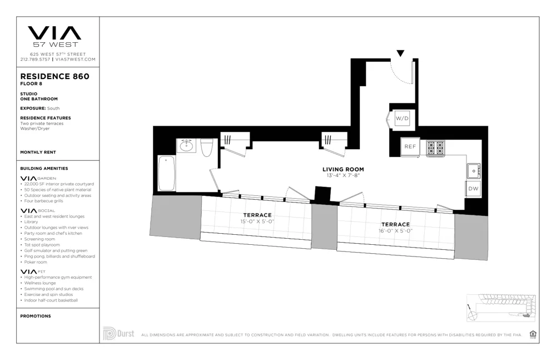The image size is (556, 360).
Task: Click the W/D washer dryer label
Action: pyautogui.click(x=401, y=119)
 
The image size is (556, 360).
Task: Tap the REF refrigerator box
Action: pyautogui.click(x=410, y=147)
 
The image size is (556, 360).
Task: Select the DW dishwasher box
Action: pyautogui.click(x=473, y=189)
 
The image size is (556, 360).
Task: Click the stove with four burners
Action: pyautogui.click(x=435, y=147)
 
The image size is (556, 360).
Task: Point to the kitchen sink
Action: pyautogui.click(x=473, y=170)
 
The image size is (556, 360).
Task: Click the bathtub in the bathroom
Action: pyautogui.click(x=167, y=172)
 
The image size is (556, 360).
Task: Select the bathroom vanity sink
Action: pyautogui.click(x=186, y=146)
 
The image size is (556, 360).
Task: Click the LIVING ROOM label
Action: pyautogui.click(x=343, y=169)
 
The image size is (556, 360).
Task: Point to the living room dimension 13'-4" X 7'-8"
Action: pyautogui.click(x=343, y=175)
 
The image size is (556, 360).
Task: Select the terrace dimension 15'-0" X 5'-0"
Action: pyautogui.click(x=257, y=221)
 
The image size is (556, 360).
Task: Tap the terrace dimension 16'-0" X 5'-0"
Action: pyautogui.click(x=395, y=230)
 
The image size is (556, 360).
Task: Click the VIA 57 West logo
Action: pyautogui.click(x=54, y=36)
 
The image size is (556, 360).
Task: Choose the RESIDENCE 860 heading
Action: pyautogui.click(x=54, y=76)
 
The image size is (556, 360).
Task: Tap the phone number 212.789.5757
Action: pyautogui.click(x=36, y=59)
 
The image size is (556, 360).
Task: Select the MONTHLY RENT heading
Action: pyautogui.click(x=38, y=152)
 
